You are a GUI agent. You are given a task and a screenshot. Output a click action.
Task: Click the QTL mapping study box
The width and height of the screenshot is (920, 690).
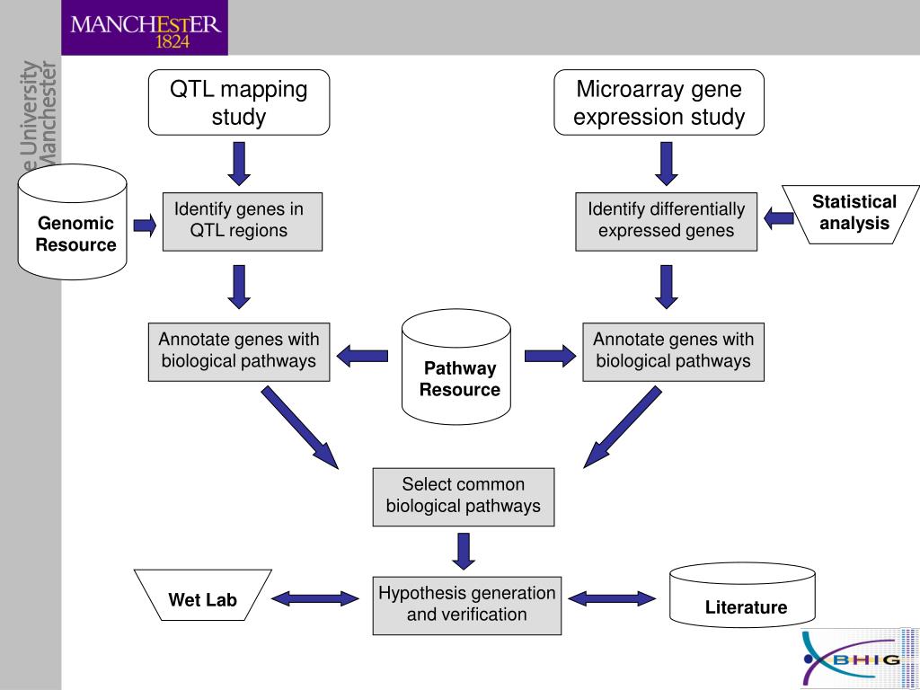pos(239,102)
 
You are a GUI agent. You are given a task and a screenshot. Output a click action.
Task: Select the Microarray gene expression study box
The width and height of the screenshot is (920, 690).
pos(659,102)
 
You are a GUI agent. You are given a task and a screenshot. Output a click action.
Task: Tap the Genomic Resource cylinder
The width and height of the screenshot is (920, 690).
pos(72,222)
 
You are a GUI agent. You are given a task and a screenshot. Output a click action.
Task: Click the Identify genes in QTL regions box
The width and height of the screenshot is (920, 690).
pos(243,222)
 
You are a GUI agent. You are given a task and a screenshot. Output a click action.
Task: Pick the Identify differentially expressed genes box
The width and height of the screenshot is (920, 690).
pos(666,222)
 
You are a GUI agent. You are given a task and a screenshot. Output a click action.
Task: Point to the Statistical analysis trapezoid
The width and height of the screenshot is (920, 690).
pos(852,214)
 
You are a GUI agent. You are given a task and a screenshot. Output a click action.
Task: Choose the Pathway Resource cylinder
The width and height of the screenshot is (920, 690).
pos(456,367)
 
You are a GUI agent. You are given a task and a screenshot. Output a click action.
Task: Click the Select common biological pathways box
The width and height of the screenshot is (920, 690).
pos(464,497)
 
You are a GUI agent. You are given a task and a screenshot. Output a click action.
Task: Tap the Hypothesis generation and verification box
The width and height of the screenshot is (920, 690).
pos(467,606)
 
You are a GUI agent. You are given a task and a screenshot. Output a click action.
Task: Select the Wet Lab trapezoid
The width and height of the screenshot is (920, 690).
pos(202,595)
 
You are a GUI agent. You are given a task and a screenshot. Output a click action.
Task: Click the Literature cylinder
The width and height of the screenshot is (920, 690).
pos(742,596)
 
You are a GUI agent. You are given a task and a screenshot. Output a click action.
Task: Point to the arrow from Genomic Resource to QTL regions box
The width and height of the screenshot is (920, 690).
pos(145,226)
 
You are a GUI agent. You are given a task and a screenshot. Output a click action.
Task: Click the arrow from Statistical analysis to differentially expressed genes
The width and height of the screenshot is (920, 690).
pos(779,219)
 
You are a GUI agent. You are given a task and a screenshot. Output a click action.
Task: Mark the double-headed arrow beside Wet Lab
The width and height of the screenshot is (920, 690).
pos(315,598)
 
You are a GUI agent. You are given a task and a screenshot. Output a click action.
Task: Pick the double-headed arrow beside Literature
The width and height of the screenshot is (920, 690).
pos(612,598)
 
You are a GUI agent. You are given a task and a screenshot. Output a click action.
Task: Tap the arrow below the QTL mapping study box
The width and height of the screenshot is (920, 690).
pos(239,164)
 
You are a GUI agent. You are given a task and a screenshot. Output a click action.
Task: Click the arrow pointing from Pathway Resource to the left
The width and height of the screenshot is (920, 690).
pos(362,356)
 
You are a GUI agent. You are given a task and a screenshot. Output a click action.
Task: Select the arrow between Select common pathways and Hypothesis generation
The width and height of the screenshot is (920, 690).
pos(464,551)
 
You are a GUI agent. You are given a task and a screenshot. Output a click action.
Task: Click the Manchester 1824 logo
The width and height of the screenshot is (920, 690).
pos(145,28)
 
